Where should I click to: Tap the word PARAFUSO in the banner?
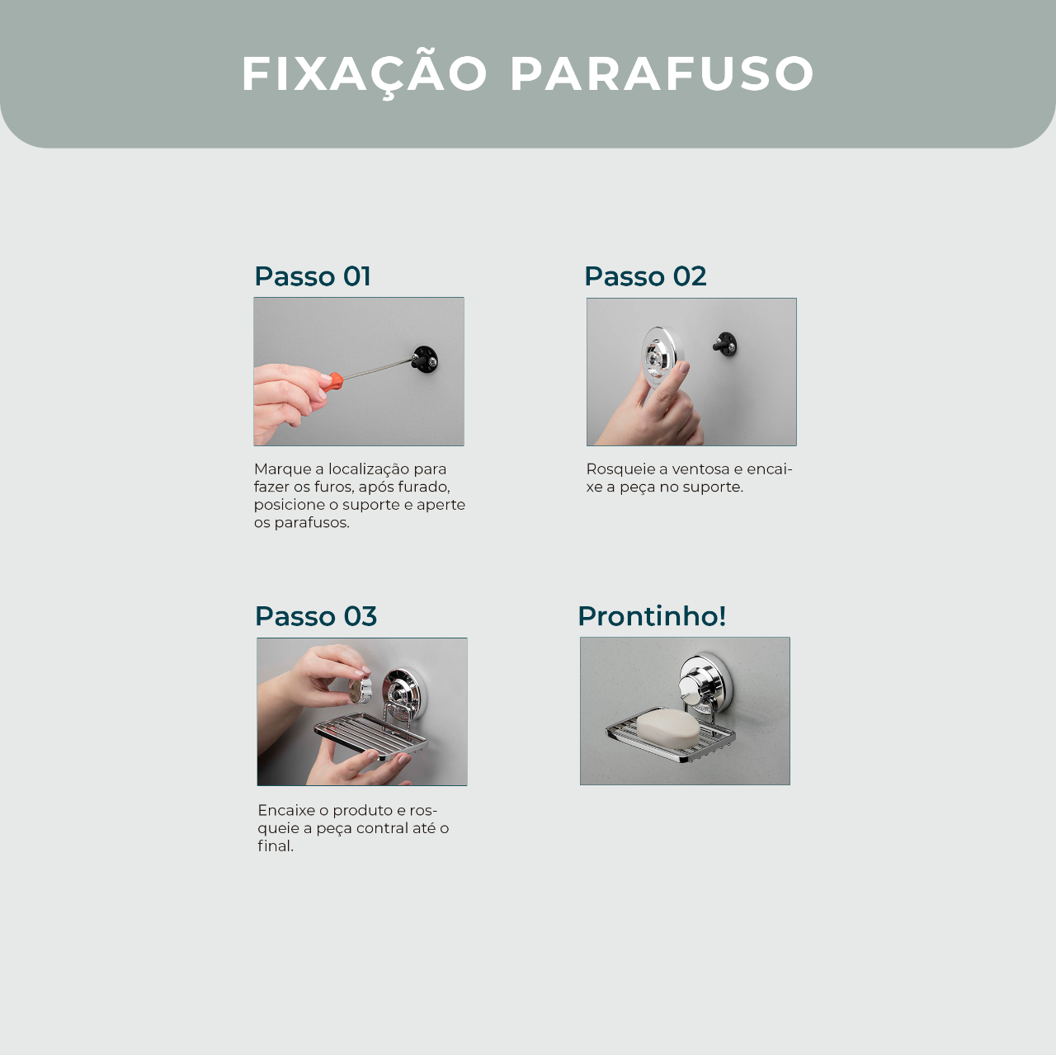pos(662,73)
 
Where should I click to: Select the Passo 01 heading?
pos(313,276)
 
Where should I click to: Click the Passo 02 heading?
pos(645,276)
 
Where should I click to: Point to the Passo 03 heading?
pos(316,616)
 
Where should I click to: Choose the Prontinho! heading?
pos(652,616)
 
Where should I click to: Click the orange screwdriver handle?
pos(332,381)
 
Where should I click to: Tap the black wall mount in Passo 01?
pos(425,360)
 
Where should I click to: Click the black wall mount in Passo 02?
pos(725,344)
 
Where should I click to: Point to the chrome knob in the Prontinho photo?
pos(693,685)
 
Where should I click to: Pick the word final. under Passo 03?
pos(276,845)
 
